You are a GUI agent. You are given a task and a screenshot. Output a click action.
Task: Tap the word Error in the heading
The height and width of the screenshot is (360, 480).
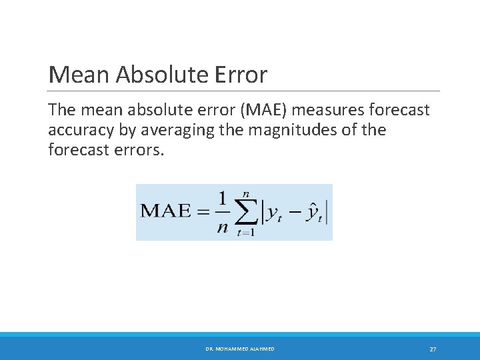click(241, 75)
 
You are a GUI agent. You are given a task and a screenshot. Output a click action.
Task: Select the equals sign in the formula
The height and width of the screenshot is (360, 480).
click(202, 211)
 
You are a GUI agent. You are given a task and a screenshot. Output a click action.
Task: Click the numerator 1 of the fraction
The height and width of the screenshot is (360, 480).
click(222, 199)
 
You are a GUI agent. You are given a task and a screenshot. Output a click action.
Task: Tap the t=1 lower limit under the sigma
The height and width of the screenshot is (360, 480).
click(245, 233)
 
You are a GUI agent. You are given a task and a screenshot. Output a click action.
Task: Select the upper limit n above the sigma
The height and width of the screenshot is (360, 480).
click(246, 191)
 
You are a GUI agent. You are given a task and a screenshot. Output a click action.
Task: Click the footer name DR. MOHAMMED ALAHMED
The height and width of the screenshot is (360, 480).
click(241, 349)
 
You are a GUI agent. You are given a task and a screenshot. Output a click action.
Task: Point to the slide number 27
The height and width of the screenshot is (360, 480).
click(433, 349)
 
